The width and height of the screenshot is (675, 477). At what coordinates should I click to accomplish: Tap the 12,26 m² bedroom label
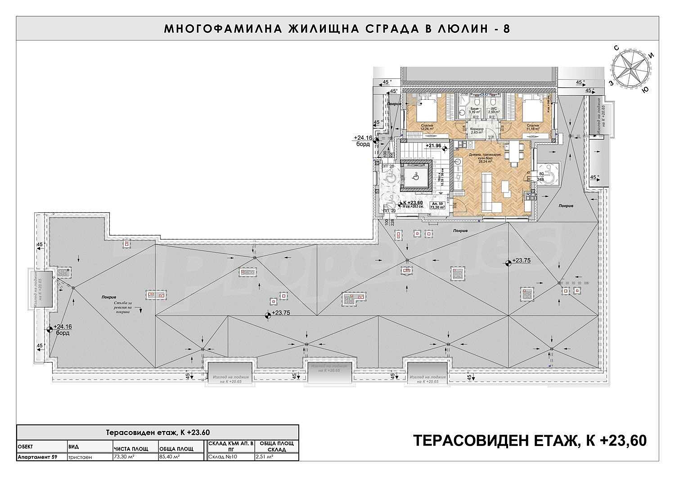coord(426,127)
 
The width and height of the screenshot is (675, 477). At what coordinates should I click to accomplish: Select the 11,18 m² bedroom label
coord(533,127)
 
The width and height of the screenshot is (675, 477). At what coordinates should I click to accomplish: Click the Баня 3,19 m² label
coord(472,111)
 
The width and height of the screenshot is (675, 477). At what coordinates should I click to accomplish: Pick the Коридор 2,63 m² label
coord(477,131)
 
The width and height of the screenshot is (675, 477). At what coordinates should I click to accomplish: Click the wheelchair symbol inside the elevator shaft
coord(416,178)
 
